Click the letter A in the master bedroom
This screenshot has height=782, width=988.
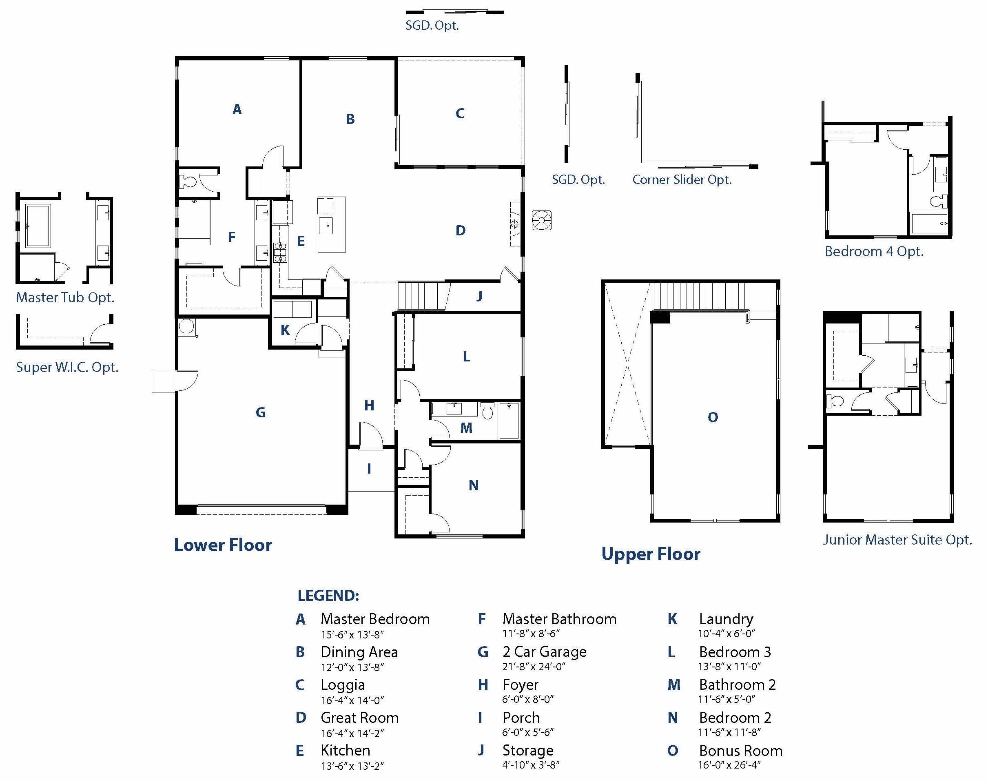click(237, 109)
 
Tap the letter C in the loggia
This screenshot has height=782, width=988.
click(460, 113)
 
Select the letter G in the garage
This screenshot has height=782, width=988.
click(261, 412)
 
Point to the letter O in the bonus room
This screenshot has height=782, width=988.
click(712, 417)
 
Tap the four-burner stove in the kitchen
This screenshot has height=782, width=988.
click(280, 253)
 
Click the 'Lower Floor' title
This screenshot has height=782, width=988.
click(223, 545)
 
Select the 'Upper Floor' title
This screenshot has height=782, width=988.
click(651, 554)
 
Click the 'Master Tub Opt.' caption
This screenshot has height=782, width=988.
click(65, 298)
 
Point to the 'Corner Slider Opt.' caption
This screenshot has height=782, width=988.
click(682, 179)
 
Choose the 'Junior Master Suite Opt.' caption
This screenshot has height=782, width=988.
click(897, 540)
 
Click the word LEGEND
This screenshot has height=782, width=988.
click(328, 596)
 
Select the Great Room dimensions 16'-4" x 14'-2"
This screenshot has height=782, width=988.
click(352, 733)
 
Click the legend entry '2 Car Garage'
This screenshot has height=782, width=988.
click(544, 651)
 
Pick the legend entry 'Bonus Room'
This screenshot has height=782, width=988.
click(740, 751)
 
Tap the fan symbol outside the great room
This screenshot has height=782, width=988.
click(542, 220)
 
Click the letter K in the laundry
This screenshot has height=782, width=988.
click(285, 330)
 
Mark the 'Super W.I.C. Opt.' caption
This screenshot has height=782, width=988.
click(67, 367)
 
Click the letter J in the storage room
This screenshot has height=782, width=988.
click(479, 296)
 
